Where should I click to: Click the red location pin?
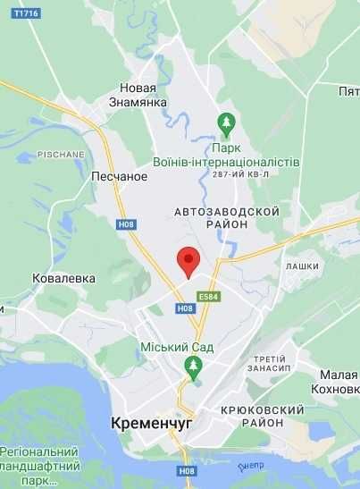(188, 261)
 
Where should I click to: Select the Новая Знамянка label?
(138, 96)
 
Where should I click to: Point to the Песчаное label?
(119, 176)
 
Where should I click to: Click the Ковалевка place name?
(63, 278)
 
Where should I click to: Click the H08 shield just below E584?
(185, 308)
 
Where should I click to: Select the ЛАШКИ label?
(302, 266)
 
